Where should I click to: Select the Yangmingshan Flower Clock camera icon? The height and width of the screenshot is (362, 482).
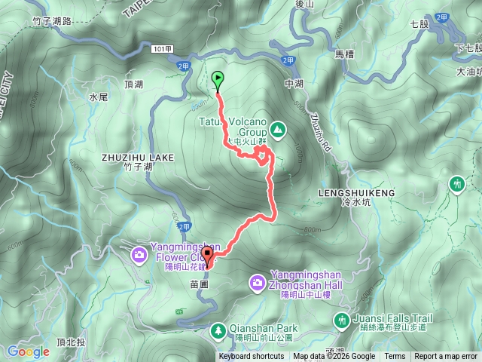pyautogui.click(x=140, y=254)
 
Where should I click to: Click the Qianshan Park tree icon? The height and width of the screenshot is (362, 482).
pyautogui.click(x=218, y=330)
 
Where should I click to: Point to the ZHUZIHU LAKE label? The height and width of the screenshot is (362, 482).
pyautogui.click(x=137, y=158)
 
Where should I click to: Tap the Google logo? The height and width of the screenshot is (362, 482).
pyautogui.click(x=28, y=351)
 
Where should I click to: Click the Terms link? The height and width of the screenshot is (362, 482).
pyautogui.click(x=395, y=357)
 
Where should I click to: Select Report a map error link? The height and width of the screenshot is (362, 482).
pyautogui.click(x=446, y=357)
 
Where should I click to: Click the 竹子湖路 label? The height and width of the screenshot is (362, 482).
pyautogui.click(x=52, y=21)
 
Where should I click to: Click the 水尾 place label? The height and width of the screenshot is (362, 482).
pyautogui.click(x=99, y=97)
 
